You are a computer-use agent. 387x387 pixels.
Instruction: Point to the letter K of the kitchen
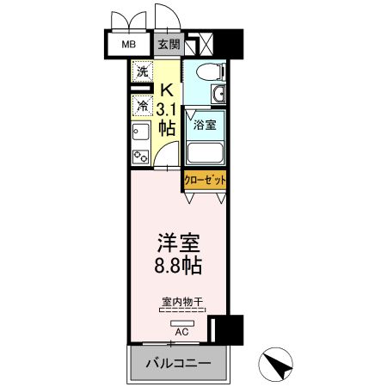[x=169, y=88]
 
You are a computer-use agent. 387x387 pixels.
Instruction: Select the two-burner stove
[x=139, y=157]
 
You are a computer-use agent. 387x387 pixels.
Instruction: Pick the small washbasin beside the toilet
[x=220, y=94]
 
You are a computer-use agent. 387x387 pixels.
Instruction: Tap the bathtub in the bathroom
[x=206, y=153]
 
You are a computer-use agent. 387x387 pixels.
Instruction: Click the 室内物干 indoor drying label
[x=181, y=302]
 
